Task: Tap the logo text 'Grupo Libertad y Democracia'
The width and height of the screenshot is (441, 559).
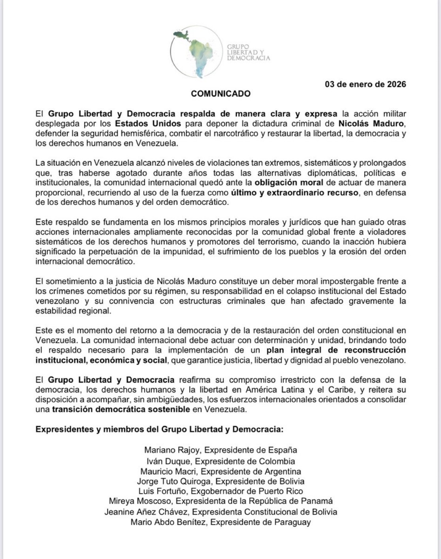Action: point(248,53)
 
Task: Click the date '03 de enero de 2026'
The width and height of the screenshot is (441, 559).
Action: point(365,84)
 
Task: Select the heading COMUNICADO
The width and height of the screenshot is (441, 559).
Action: point(220,94)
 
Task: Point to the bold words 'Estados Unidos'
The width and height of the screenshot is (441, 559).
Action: point(148,123)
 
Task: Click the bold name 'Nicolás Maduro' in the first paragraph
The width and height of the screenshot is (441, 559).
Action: point(371,123)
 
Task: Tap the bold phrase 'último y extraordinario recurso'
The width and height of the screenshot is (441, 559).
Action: point(295,193)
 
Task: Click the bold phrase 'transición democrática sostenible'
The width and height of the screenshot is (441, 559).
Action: point(121,409)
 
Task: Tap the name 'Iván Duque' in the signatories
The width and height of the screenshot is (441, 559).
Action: point(168,461)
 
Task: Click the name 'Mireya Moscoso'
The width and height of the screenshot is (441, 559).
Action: point(140,501)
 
